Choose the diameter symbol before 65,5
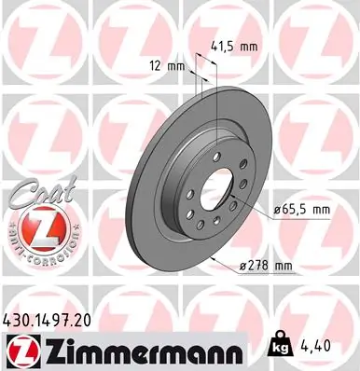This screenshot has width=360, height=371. [x=280, y=211]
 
